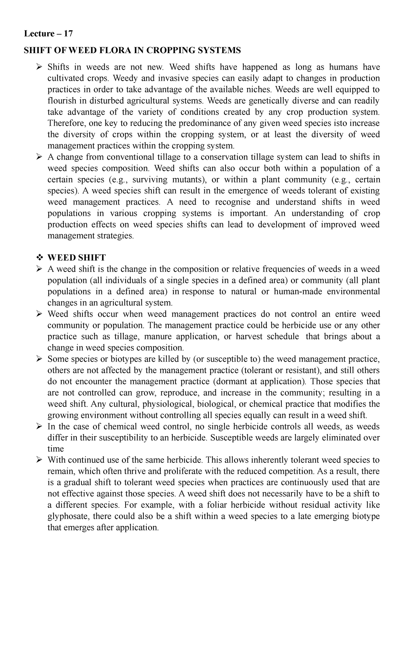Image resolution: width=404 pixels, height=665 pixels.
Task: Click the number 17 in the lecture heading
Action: pos(68,34)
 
